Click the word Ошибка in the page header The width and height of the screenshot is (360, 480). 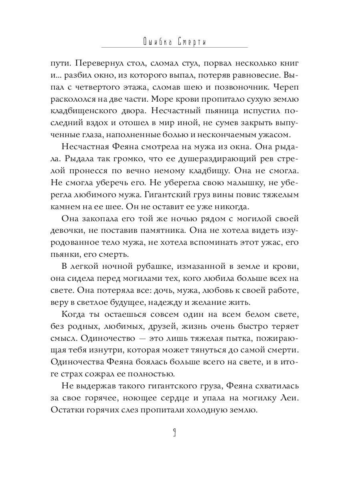pos(156,42)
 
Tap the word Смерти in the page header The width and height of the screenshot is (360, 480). pos(190,42)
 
